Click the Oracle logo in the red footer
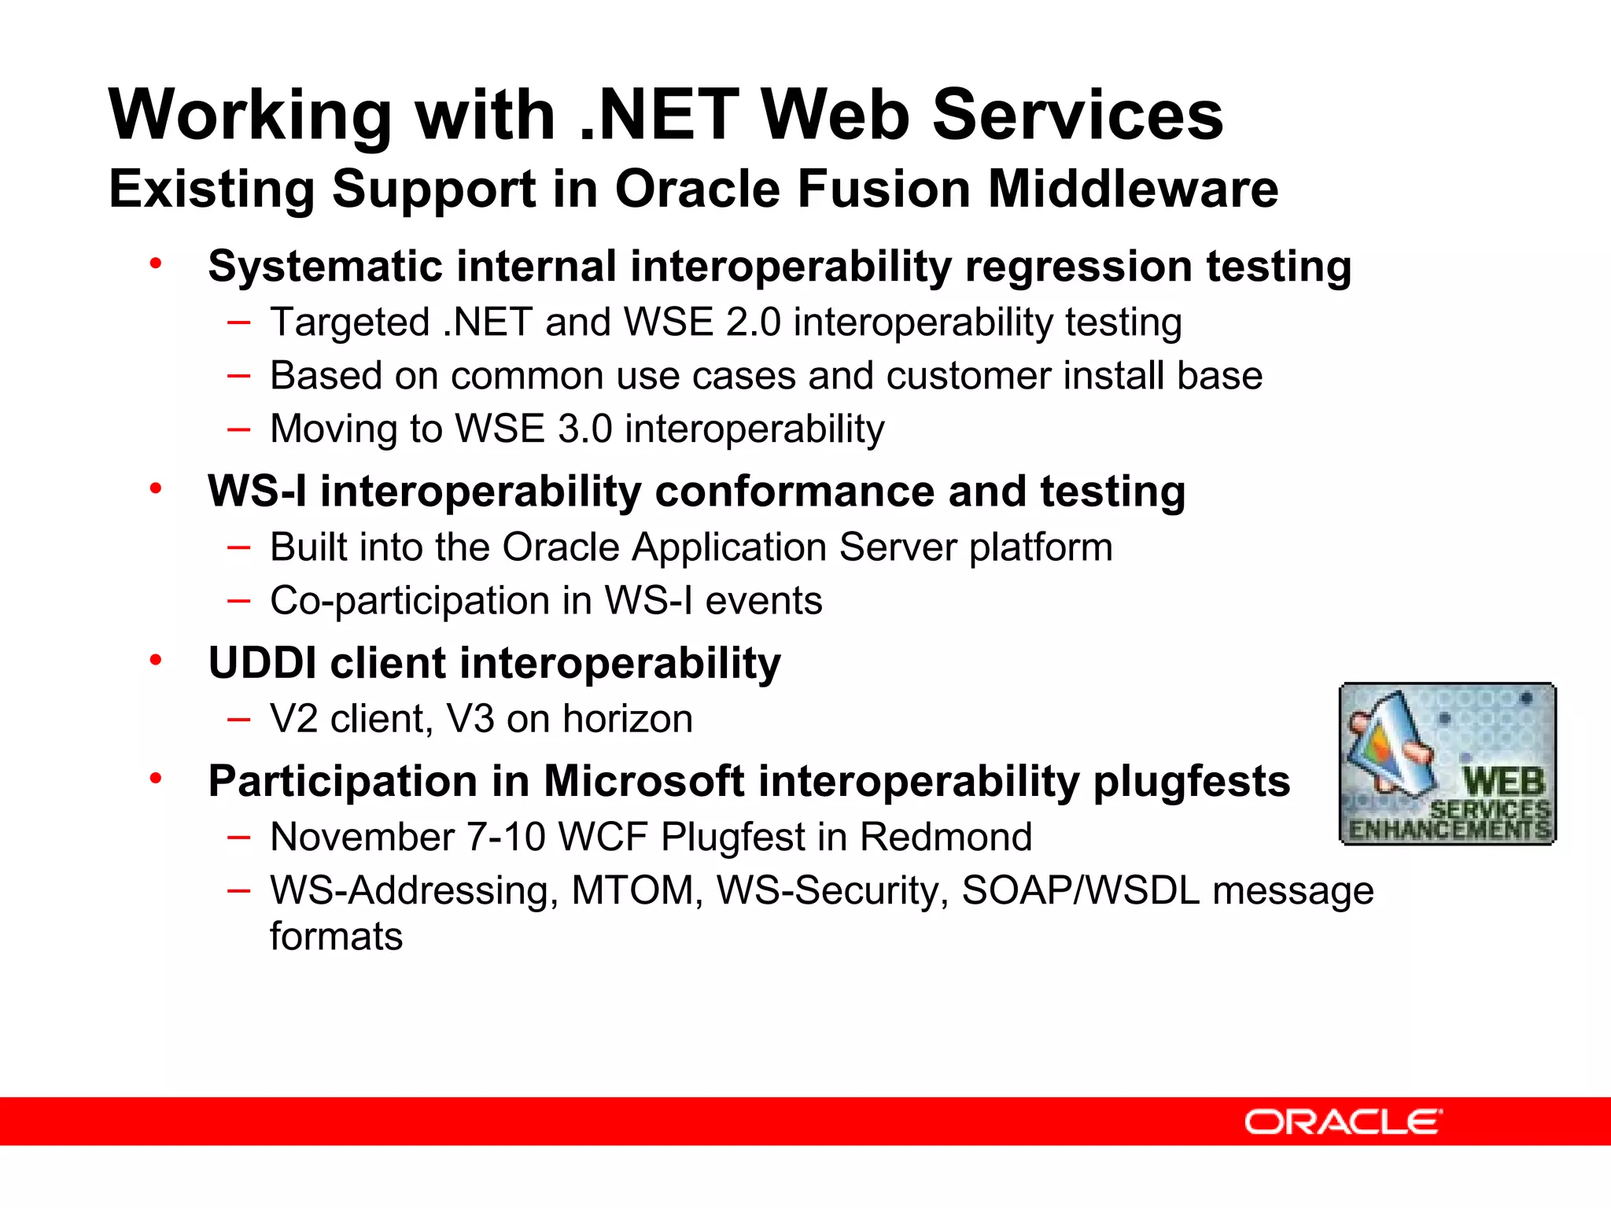coord(1343,1121)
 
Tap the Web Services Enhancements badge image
coord(1447,764)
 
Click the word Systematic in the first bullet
coord(325,266)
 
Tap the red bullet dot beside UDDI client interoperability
coord(156,661)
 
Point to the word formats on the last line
coord(336,937)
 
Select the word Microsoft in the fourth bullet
coord(643,782)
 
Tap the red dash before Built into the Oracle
coord(238,547)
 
